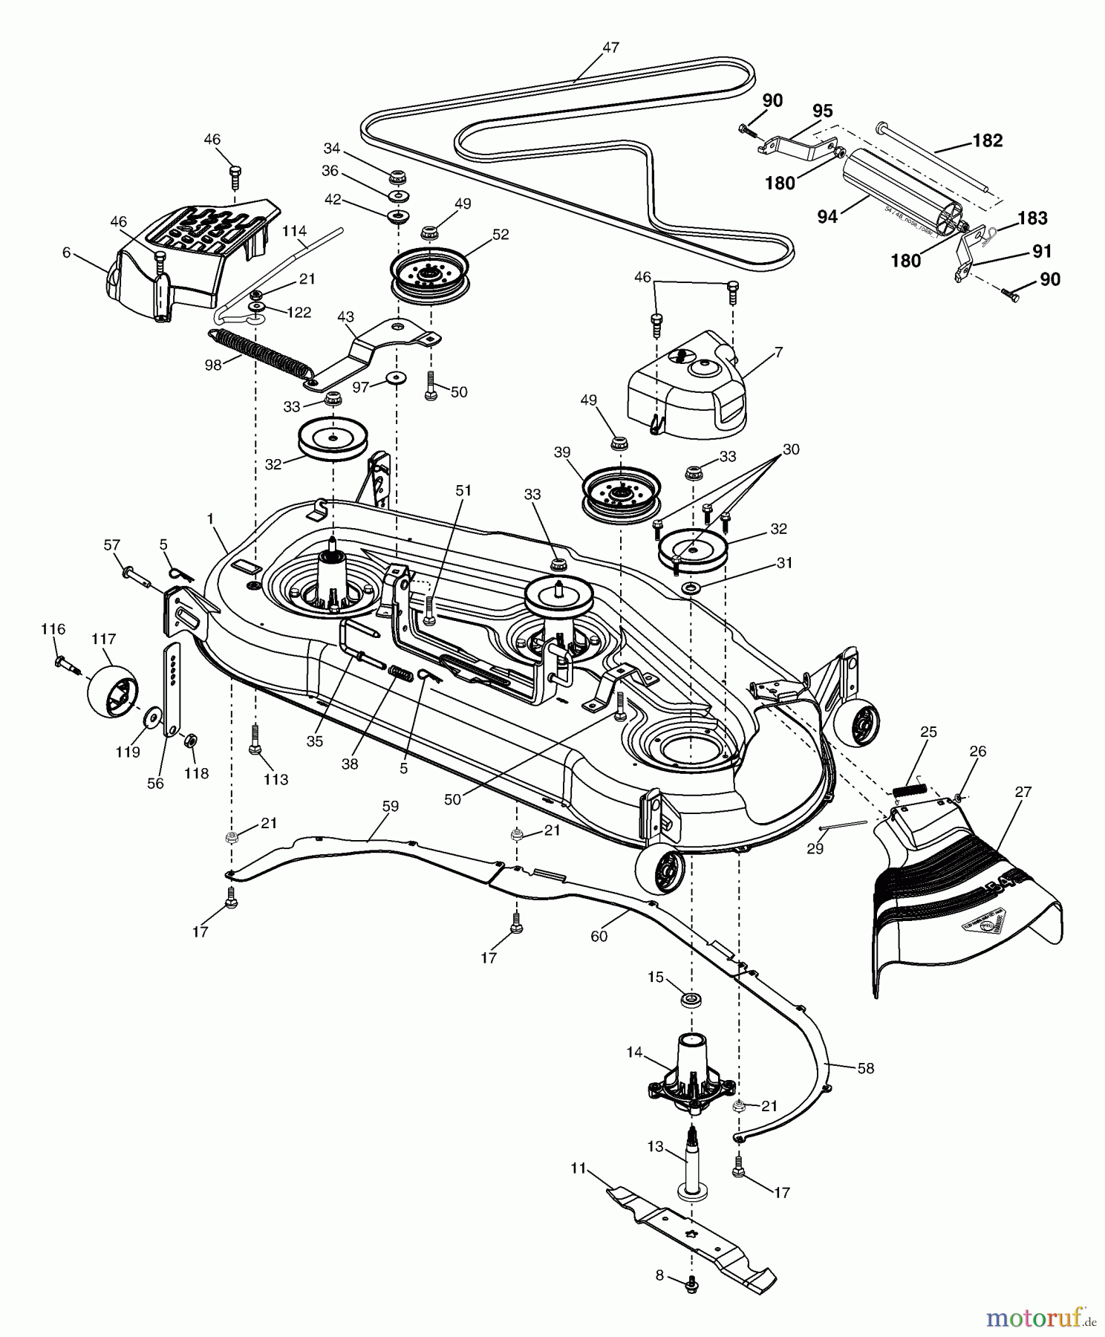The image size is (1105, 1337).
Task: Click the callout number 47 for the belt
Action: (610, 48)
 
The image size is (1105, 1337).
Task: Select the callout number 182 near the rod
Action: (987, 140)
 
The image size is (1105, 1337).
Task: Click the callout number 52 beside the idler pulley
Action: (500, 234)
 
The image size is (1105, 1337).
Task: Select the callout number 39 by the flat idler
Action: (562, 452)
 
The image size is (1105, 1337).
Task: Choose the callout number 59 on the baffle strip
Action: (390, 806)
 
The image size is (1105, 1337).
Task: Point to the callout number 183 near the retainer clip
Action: (1032, 218)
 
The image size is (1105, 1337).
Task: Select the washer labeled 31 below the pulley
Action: (691, 588)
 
